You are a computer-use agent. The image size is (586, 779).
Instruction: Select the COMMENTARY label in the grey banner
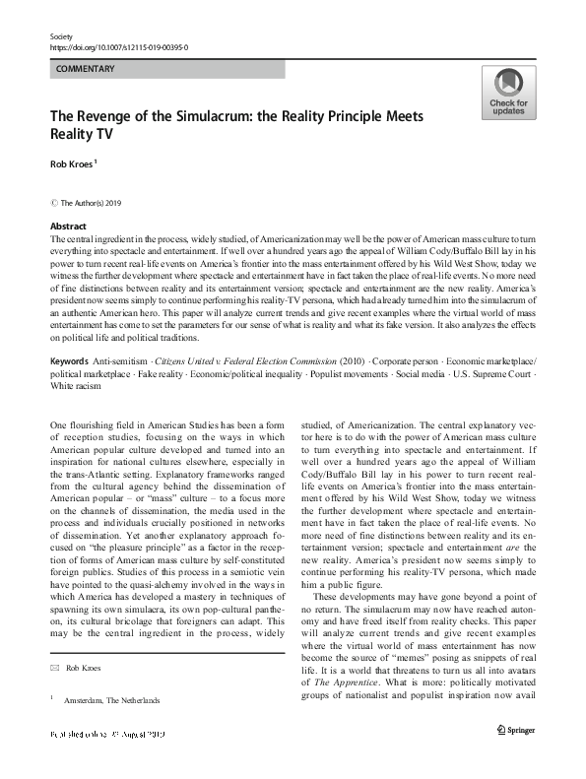(86, 69)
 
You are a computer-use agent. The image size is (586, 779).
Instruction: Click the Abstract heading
(68, 227)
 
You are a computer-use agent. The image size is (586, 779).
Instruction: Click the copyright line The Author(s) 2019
(95, 203)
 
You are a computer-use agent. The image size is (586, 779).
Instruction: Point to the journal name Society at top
(61, 34)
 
